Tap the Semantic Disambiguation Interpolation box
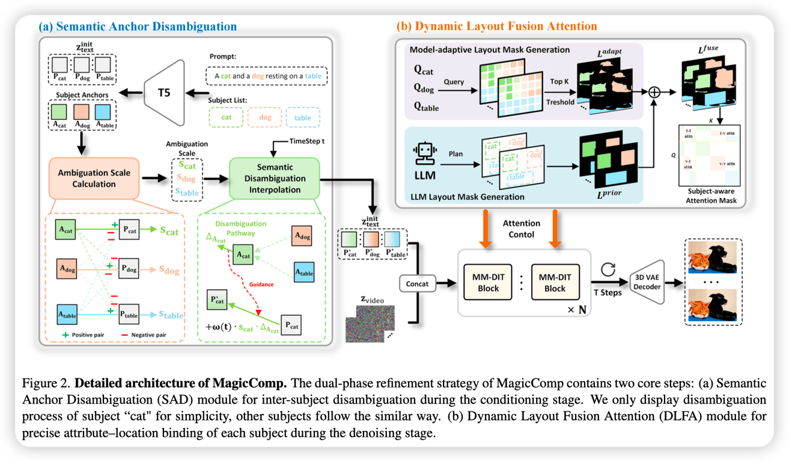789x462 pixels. pos(275,178)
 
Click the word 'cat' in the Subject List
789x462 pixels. pos(226,117)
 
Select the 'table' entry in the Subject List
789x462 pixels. pos(303,117)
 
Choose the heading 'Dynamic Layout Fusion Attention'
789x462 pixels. pos(497,26)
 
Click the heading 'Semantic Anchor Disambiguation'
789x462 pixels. pos(138,26)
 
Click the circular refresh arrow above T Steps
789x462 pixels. pos(608,269)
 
